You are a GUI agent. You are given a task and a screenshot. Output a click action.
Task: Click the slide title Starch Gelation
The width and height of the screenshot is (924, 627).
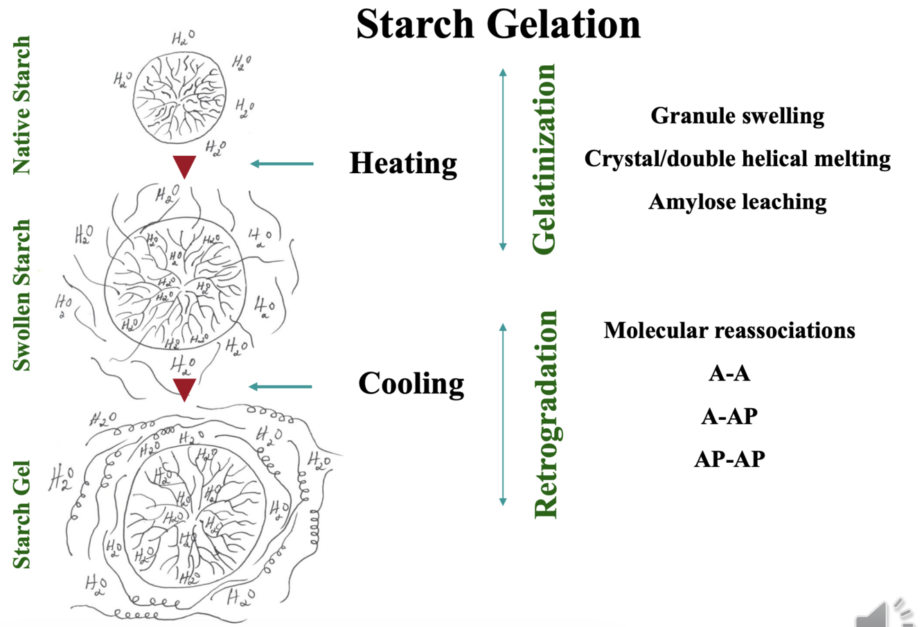pyautogui.click(x=498, y=24)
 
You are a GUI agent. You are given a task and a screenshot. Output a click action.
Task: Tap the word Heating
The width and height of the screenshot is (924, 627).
pyautogui.click(x=403, y=164)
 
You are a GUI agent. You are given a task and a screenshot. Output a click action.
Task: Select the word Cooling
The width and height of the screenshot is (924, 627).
pyautogui.click(x=411, y=384)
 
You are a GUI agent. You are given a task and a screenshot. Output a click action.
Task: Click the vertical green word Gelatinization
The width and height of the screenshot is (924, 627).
pyautogui.click(x=544, y=159)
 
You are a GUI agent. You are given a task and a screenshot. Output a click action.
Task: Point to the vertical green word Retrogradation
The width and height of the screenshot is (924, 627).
pyautogui.click(x=546, y=414)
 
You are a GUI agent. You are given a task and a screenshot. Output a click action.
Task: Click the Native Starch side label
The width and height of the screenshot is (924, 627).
pyautogui.click(x=22, y=105)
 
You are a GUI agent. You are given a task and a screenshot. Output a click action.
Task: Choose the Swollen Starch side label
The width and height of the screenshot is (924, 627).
pyautogui.click(x=22, y=295)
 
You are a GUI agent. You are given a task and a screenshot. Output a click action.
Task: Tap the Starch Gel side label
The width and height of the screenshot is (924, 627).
pyautogui.click(x=22, y=514)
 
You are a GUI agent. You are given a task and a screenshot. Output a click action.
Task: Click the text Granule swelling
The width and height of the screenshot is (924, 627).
pyautogui.click(x=737, y=116)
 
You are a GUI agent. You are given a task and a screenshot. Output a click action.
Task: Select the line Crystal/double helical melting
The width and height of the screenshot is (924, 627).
pyautogui.click(x=737, y=159)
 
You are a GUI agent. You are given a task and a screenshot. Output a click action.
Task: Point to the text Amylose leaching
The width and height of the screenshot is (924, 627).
pyautogui.click(x=737, y=202)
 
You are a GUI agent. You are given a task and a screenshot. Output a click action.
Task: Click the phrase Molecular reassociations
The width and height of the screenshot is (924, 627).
pyautogui.click(x=729, y=330)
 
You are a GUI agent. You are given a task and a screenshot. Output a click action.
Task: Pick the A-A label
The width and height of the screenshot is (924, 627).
pyautogui.click(x=729, y=373)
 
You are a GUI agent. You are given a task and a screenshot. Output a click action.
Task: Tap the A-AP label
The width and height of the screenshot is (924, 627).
pyautogui.click(x=729, y=416)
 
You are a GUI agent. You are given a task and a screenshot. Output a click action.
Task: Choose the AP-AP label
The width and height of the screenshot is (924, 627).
pyautogui.click(x=729, y=459)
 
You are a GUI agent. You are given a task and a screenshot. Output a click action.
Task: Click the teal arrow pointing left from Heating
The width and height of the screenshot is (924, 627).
pyautogui.click(x=282, y=164)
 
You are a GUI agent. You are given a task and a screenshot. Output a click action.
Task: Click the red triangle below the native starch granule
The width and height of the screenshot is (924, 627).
pyautogui.click(x=184, y=166)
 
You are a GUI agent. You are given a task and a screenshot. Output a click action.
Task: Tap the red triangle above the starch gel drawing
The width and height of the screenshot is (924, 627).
pyautogui.click(x=184, y=389)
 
